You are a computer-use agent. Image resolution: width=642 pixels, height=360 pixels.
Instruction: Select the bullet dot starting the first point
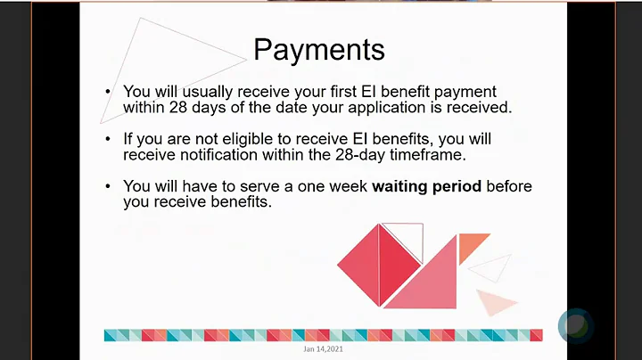tap(108, 92)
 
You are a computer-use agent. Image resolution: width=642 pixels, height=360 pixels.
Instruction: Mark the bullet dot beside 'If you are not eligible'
tap(108, 140)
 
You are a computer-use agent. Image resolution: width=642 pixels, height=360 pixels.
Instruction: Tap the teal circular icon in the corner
tap(576, 325)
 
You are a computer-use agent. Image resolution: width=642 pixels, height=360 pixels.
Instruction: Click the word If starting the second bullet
tap(128, 140)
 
